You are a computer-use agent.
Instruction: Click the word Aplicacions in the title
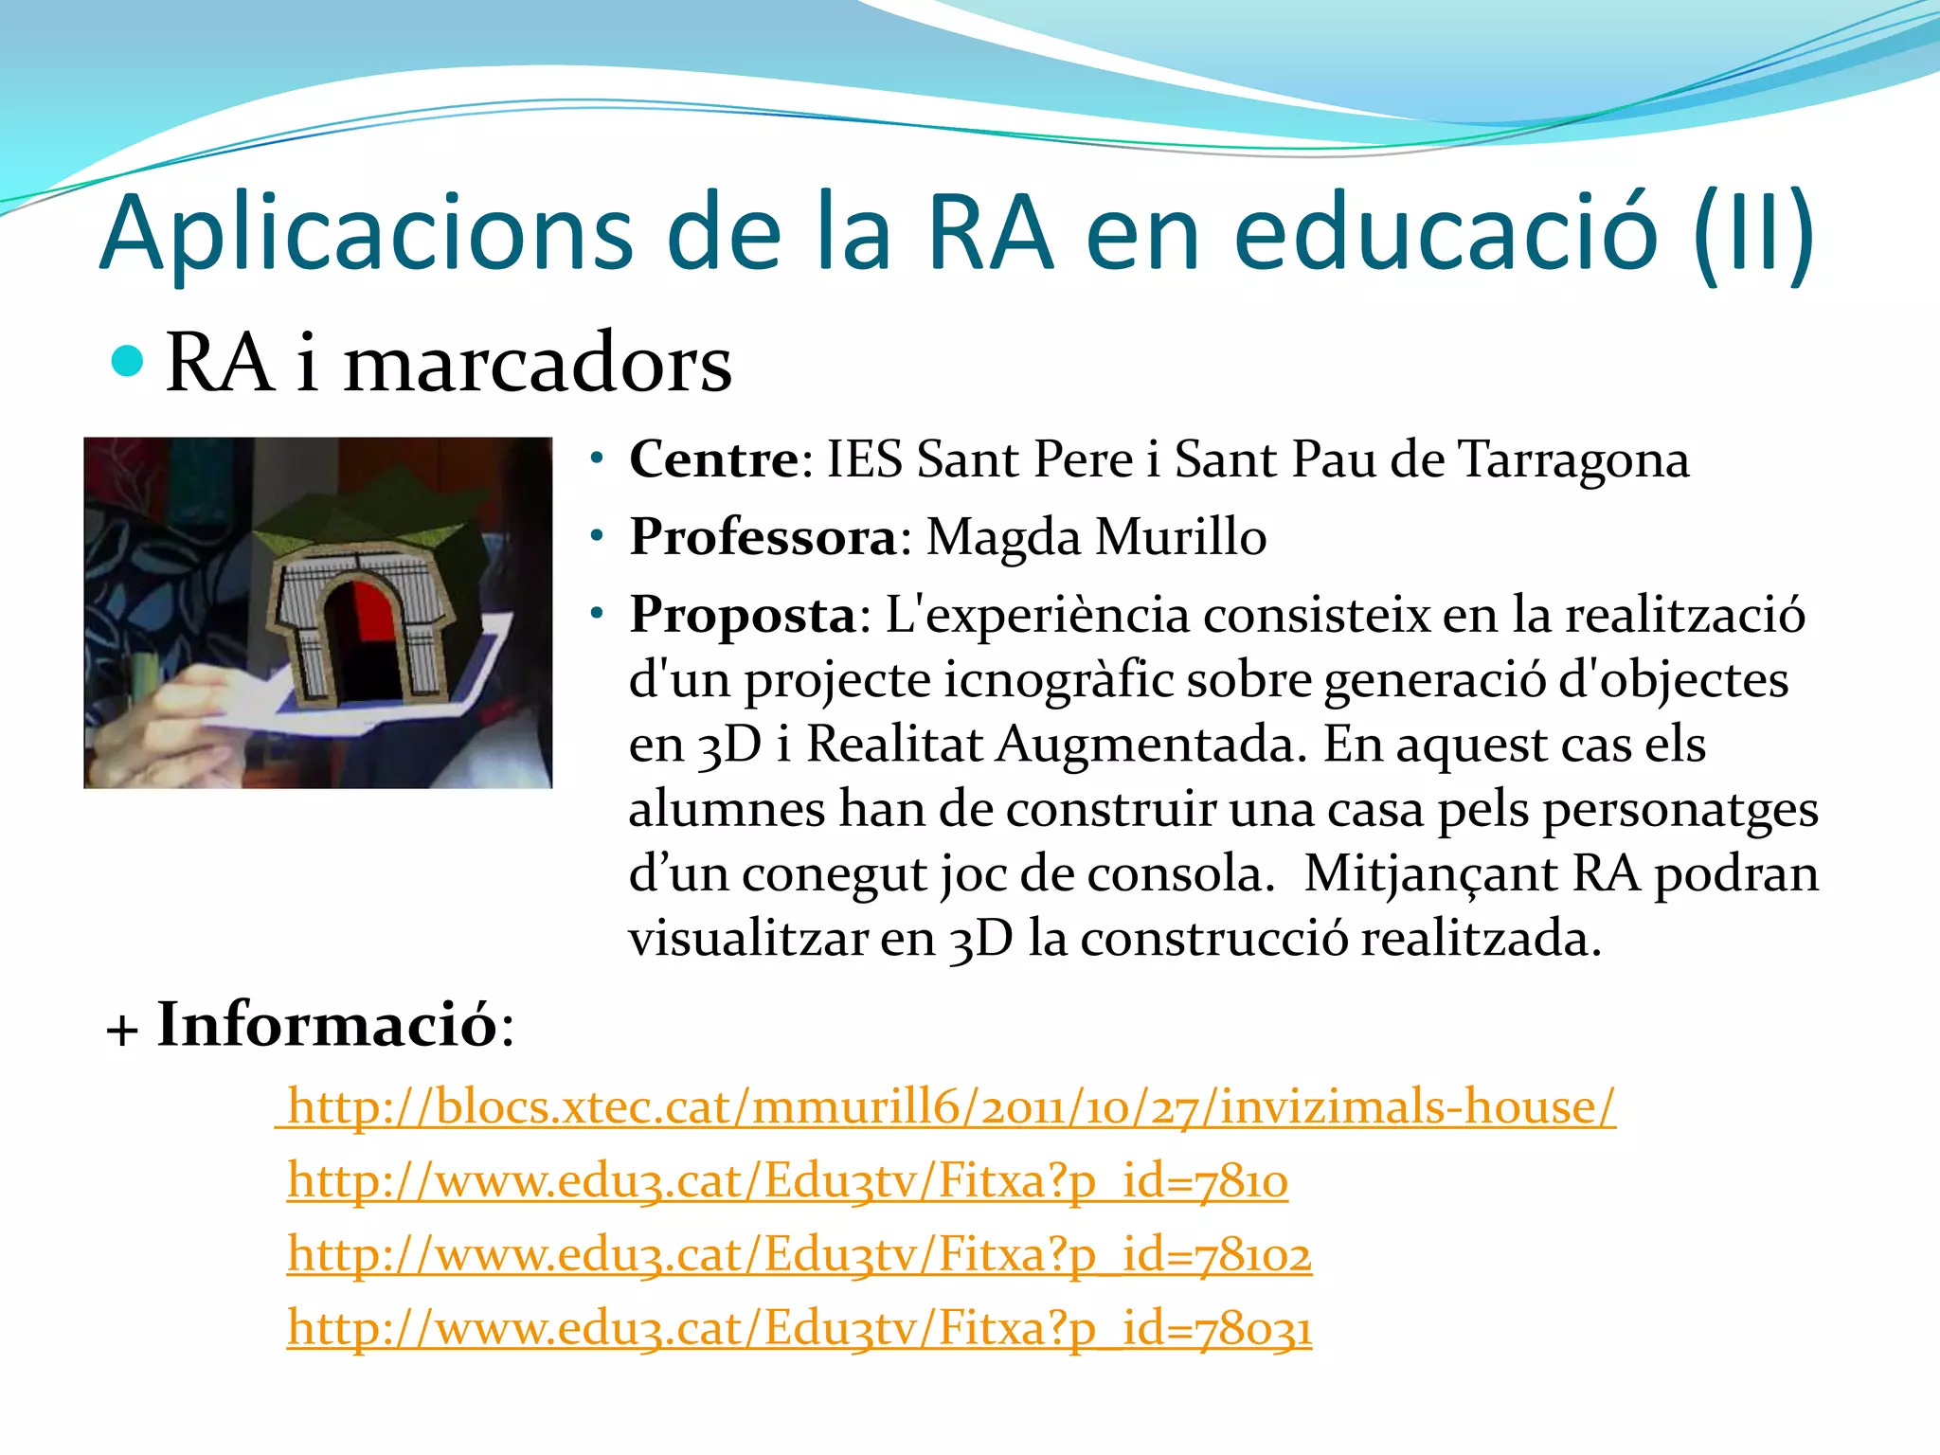tap(366, 234)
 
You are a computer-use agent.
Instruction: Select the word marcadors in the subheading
tap(537, 364)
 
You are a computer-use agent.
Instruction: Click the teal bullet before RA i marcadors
tap(127, 361)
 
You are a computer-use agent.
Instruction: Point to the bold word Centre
tap(715, 460)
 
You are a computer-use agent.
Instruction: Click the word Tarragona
tap(1572, 460)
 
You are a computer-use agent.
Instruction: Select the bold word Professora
tap(763, 538)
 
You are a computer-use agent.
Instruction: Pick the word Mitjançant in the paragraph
tap(1428, 873)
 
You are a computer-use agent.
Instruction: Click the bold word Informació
tap(327, 1025)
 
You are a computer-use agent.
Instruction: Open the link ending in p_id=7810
tap(787, 1181)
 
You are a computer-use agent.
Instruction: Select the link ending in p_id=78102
tap(799, 1255)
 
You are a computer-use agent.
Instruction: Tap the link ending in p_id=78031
tap(799, 1328)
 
